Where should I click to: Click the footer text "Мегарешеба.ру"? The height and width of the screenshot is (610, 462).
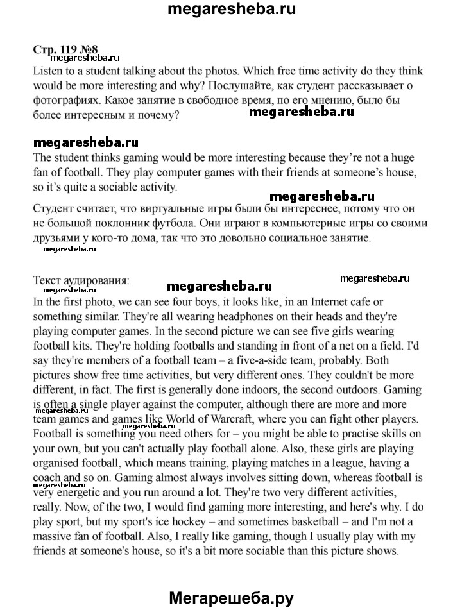[231, 598]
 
